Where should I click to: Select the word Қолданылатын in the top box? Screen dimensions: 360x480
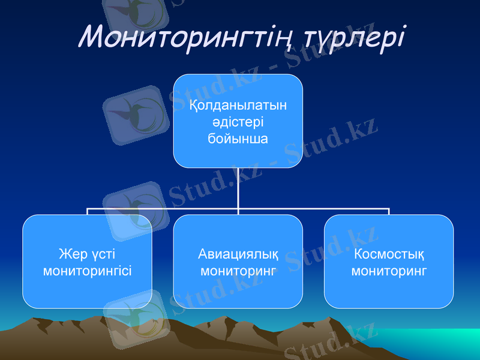[238, 106]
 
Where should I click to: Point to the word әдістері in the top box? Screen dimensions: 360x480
[238, 122]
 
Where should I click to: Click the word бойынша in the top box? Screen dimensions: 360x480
[238, 139]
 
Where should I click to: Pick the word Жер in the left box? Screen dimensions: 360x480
[71, 254]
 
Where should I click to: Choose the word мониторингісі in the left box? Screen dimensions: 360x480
[88, 271]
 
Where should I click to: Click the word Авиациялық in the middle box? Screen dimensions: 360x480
[238, 254]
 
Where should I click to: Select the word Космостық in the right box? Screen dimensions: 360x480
[389, 254]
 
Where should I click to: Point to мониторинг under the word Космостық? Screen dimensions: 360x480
[389, 271]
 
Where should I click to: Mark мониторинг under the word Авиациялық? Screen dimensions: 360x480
[238, 271]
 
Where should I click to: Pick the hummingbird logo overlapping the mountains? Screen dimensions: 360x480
[134, 318]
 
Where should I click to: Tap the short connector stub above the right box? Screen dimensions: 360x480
[389, 212]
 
